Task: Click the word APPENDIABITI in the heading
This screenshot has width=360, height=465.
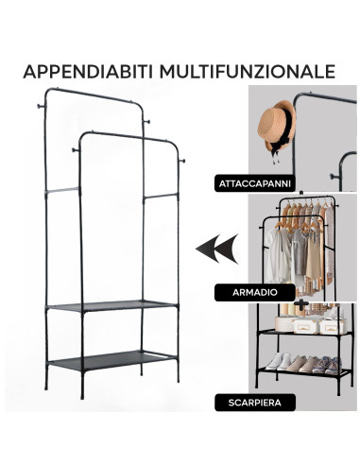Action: [88, 72]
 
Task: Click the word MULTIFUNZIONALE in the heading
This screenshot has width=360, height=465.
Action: [248, 72]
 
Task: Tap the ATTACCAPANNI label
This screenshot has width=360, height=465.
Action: [254, 183]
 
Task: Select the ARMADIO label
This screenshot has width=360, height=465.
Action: [254, 292]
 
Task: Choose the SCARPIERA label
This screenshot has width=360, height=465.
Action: [254, 403]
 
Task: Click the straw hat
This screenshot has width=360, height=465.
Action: [275, 126]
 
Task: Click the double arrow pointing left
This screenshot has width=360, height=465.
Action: [217, 249]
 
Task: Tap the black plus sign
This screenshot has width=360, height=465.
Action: [301, 303]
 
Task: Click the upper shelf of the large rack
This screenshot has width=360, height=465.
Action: [111, 305]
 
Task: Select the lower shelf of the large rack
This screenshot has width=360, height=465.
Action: [111, 360]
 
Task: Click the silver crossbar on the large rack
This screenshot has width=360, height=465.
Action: [62, 190]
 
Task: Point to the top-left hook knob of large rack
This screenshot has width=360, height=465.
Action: [41, 106]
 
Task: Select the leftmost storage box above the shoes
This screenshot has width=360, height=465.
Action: [284, 324]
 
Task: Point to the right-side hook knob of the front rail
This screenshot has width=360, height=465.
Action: [181, 162]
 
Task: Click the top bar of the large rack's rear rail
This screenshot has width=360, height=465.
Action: [94, 95]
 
